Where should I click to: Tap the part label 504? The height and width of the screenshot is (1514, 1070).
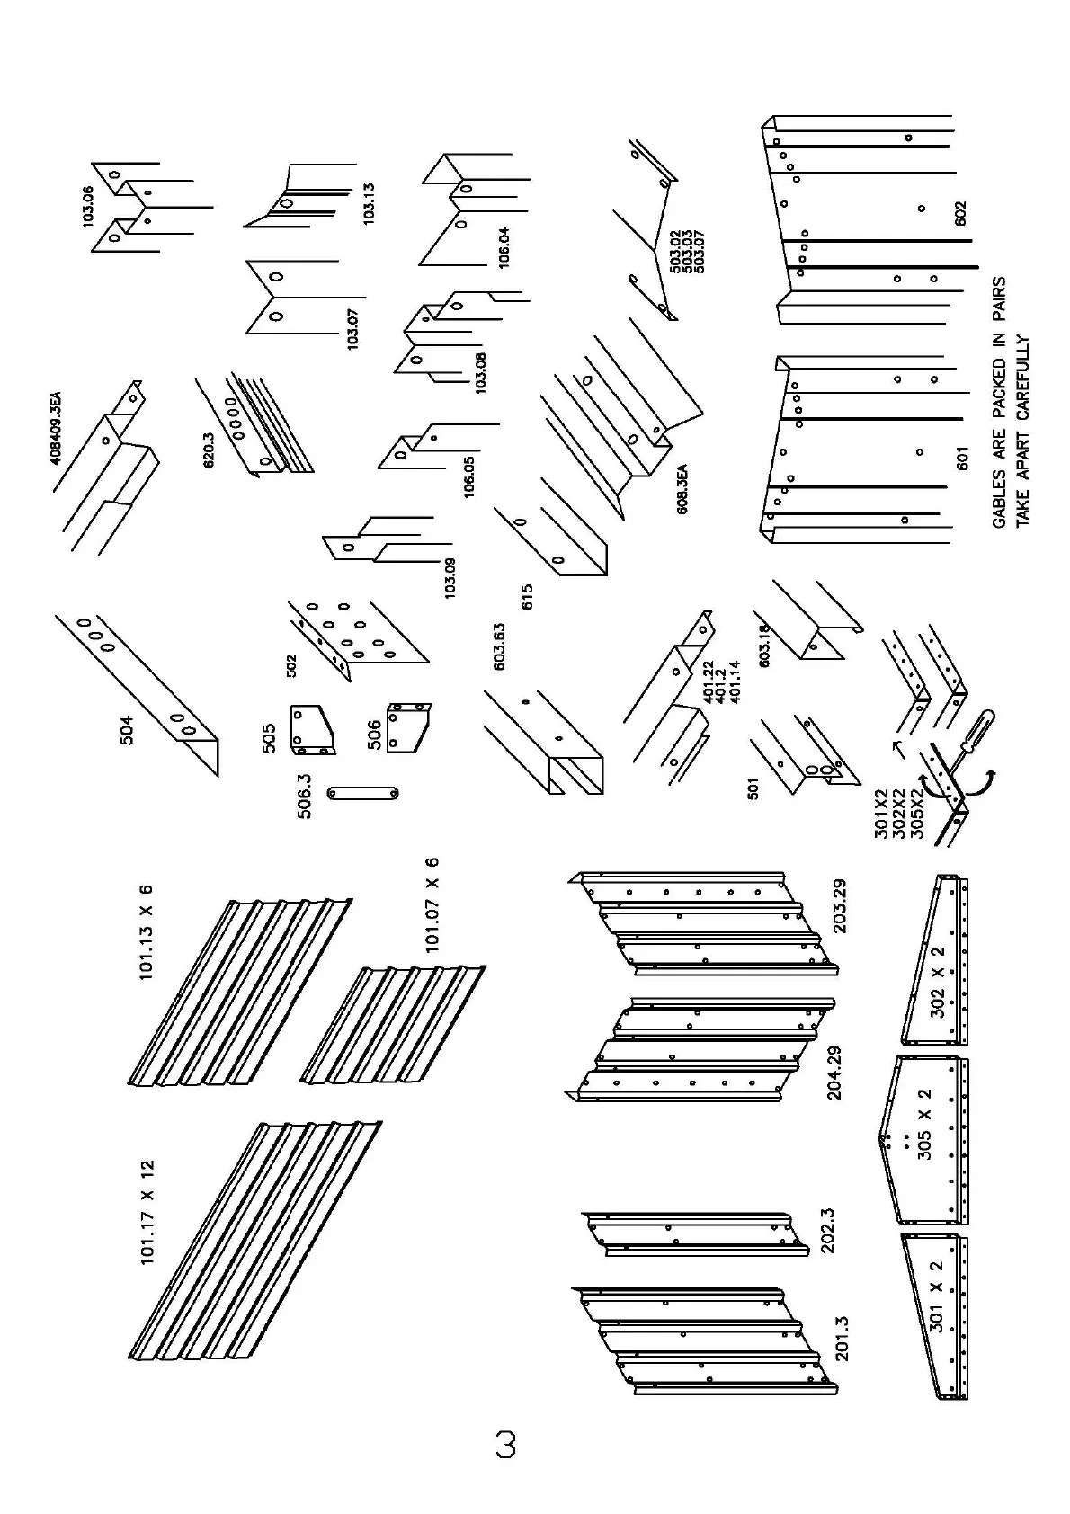[x=127, y=729]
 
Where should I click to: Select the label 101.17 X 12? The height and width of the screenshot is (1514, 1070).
[x=147, y=1213]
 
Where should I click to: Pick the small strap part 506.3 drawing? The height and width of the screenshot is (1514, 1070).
[x=363, y=793]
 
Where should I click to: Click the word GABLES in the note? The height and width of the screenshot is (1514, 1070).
[x=999, y=495]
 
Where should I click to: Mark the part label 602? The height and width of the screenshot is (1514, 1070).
[x=961, y=213]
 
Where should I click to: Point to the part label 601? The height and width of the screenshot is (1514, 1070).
[x=961, y=459]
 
